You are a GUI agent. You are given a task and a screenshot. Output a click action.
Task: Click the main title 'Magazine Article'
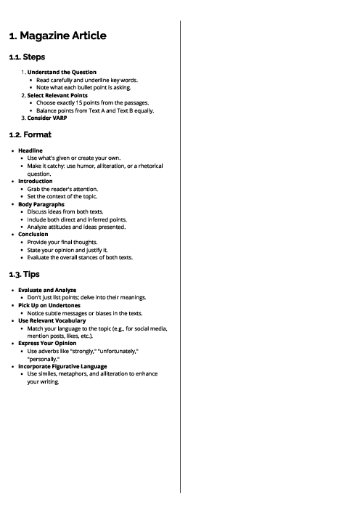[x=57, y=35]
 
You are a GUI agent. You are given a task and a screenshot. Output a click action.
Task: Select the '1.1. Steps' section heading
[x=27, y=57]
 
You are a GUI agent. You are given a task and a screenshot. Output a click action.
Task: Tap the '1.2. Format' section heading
[x=30, y=134]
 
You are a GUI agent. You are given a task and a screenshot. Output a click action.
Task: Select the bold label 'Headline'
[x=30, y=150]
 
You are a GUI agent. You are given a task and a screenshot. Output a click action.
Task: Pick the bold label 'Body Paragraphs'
[x=41, y=204]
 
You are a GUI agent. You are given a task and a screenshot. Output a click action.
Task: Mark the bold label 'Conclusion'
[x=33, y=234]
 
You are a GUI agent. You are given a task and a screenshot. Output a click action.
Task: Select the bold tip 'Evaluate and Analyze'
[x=47, y=290]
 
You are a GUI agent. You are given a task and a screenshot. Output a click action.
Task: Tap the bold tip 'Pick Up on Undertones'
[x=49, y=305]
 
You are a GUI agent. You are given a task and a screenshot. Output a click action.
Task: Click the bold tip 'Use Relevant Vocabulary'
[x=52, y=320]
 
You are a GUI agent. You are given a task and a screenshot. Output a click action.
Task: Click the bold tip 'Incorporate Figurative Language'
[x=62, y=366]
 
